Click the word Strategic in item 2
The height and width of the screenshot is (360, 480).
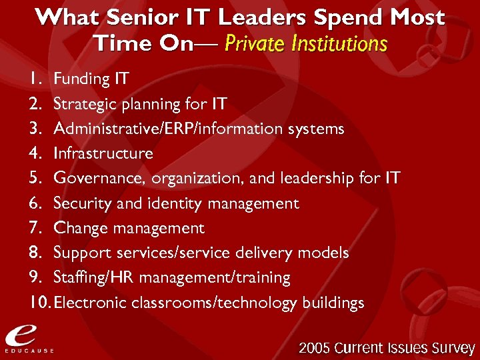click(83, 104)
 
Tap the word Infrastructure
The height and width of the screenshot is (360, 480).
click(103, 153)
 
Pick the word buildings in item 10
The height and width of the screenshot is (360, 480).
click(333, 303)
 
